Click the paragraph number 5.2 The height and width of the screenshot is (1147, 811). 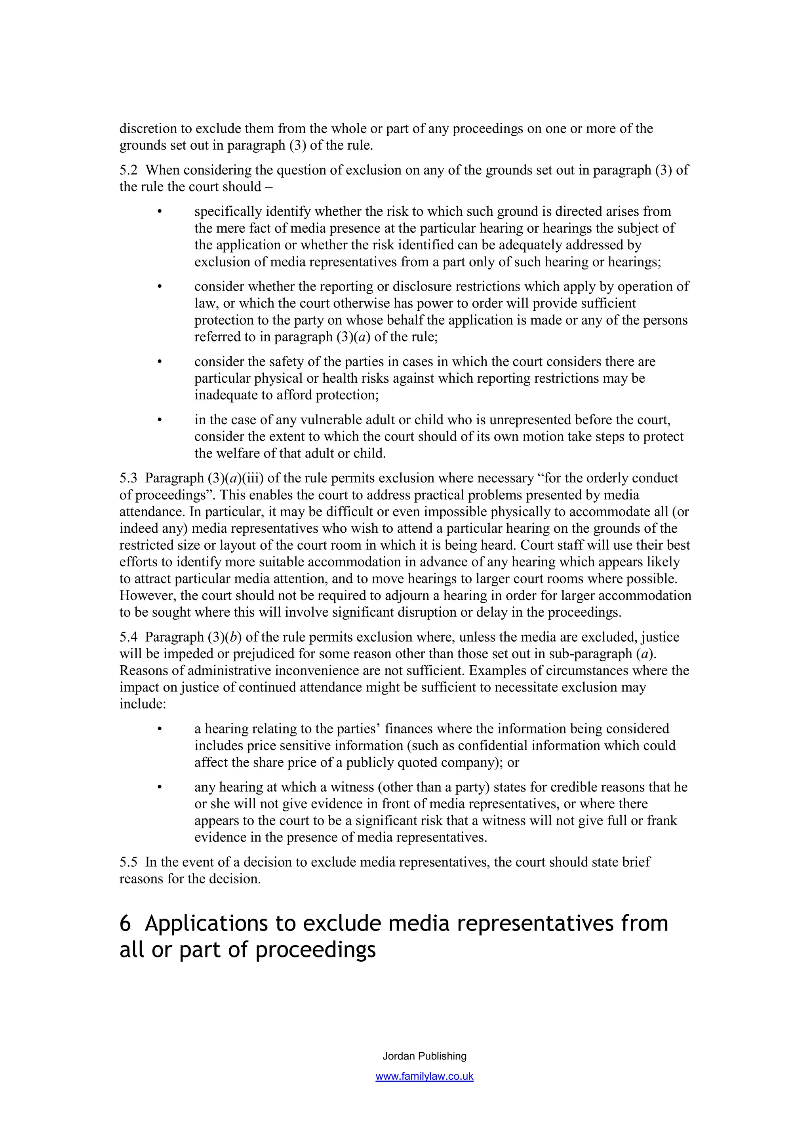128,170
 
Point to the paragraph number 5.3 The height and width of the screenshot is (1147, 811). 128,478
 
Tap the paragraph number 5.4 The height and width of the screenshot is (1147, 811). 128,637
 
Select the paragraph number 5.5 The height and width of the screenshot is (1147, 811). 128,862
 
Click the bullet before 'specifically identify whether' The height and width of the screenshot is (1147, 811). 160,212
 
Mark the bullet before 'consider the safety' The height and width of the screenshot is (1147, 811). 160,362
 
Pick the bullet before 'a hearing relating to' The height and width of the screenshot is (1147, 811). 160,729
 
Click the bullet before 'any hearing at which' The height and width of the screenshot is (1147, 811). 160,788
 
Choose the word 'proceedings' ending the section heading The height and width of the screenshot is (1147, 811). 315,951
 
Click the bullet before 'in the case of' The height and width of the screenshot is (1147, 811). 160,421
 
